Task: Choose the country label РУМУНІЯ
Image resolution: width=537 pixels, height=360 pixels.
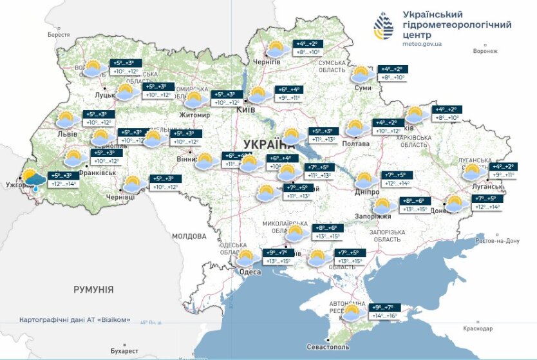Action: [93, 290]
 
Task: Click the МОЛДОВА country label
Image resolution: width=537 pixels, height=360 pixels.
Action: [189, 236]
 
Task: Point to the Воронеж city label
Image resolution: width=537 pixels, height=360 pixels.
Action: [485, 51]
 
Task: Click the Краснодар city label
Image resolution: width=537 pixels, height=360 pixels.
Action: [482, 329]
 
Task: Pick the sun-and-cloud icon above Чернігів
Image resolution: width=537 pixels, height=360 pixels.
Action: [277, 49]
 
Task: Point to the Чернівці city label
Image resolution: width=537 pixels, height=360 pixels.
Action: [120, 196]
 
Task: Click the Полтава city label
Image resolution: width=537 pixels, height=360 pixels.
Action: [359, 144]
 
